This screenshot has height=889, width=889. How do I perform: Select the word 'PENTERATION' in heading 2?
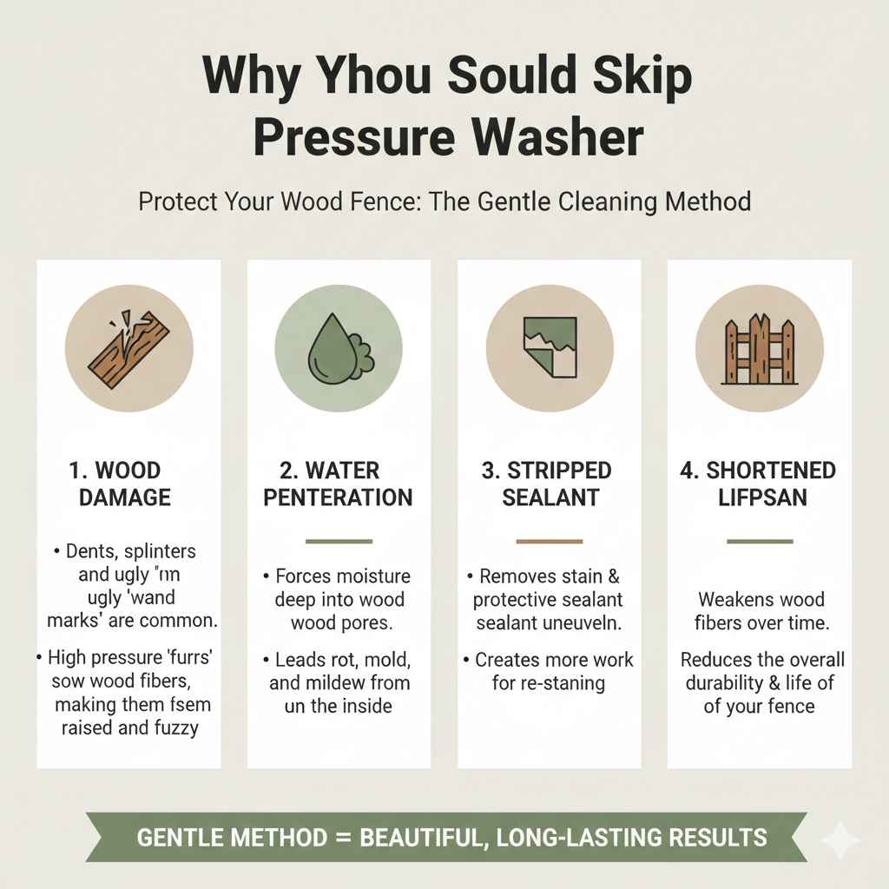[338, 497]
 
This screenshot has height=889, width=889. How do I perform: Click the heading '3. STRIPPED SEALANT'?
[548, 484]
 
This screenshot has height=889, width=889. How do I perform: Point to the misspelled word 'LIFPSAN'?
[758, 497]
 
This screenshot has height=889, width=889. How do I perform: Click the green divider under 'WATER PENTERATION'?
[339, 541]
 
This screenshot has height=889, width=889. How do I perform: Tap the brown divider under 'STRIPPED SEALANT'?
[549, 541]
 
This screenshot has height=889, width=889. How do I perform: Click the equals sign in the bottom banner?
[345, 838]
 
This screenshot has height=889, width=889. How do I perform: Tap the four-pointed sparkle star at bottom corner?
[840, 840]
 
